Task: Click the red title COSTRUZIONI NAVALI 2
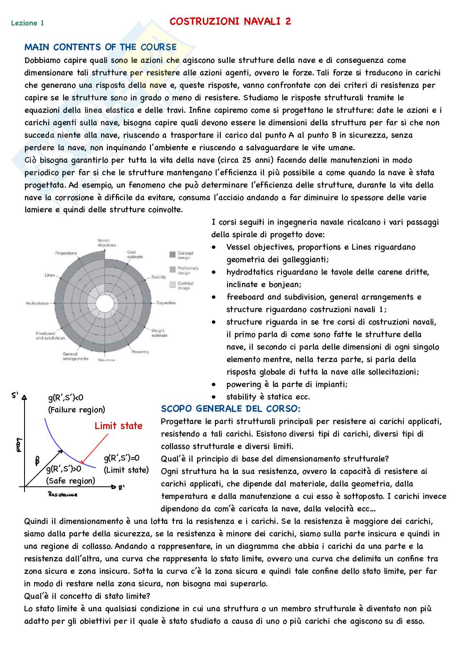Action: coord(230,22)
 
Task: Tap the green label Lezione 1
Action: coord(27,23)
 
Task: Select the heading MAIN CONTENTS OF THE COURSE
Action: coord(101,47)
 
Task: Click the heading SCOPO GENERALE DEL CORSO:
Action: coord(231,409)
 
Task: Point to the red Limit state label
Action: coord(118,426)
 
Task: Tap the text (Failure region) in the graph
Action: coord(77,409)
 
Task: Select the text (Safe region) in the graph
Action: coord(71,481)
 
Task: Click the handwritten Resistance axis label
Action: coord(63,494)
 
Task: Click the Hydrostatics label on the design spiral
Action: coord(37,303)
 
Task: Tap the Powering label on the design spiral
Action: coord(140,352)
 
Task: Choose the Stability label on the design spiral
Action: coord(158,277)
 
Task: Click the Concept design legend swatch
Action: coord(173,254)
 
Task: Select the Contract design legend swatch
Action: coord(173,285)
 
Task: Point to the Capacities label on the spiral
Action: coord(166,303)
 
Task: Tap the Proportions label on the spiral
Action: coord(66,253)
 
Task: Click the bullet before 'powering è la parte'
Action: coord(214,384)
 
